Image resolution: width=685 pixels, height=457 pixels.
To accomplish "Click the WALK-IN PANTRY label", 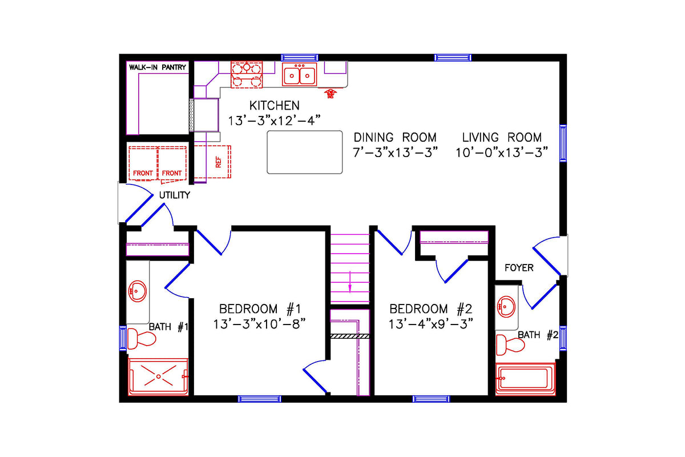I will (x=158, y=67).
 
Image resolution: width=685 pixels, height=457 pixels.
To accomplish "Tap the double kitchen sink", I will (x=300, y=75).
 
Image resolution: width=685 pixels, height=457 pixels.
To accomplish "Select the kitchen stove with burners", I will (x=247, y=75).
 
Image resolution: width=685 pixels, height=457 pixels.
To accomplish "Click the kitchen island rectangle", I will (x=305, y=152).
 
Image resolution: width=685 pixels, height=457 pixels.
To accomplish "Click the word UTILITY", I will (x=174, y=195).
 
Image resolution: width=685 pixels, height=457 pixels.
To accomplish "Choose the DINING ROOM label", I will (x=395, y=138).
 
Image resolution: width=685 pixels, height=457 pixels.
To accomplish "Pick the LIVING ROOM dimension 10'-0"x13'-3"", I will (x=502, y=153).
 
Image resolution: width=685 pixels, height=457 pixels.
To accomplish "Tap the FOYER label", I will (x=519, y=267).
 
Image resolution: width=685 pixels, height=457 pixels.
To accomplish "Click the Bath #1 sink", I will (x=137, y=291).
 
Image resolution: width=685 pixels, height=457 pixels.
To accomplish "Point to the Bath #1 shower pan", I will (x=158, y=376).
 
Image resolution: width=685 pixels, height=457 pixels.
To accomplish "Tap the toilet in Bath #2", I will (x=509, y=345).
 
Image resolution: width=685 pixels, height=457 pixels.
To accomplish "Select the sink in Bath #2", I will (x=506, y=307).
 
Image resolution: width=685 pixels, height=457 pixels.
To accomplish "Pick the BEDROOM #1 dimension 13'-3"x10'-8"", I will (x=260, y=324).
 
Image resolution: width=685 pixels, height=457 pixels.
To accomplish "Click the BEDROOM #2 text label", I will (x=431, y=309).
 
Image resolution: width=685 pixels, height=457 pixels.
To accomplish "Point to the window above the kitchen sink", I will (x=300, y=57).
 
